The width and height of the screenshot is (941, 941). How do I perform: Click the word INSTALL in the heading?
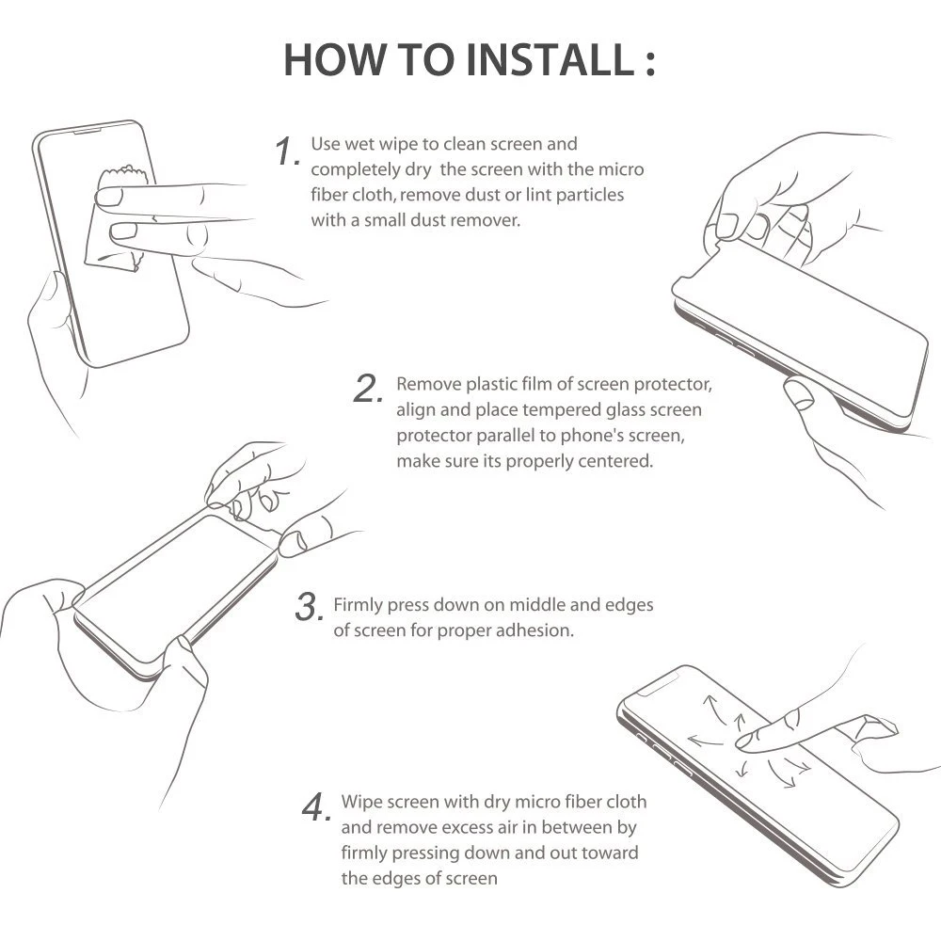(x=550, y=60)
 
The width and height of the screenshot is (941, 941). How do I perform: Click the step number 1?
(x=287, y=151)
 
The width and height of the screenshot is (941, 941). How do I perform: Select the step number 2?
(x=368, y=389)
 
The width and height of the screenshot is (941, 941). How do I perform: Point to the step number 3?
(x=310, y=606)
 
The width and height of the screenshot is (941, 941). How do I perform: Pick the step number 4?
(x=316, y=806)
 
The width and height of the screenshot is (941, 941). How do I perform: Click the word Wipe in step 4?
(x=362, y=803)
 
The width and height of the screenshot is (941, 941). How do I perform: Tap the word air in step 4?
(x=507, y=827)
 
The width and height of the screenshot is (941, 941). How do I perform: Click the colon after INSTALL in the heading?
(x=650, y=62)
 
